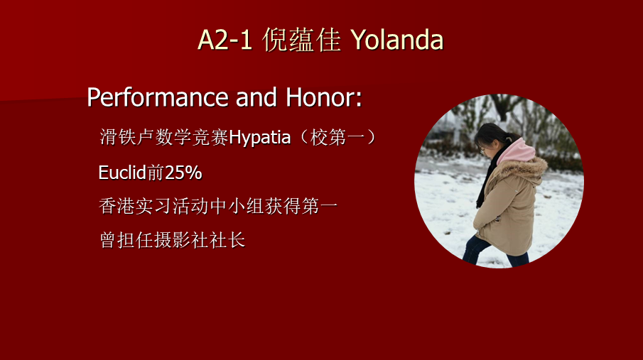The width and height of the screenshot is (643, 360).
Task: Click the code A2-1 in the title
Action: click(x=225, y=40)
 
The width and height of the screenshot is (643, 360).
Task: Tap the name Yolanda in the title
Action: click(x=397, y=40)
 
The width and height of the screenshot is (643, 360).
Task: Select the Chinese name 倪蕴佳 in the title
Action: click(x=302, y=40)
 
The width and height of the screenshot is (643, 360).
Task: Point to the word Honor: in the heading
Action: click(x=323, y=97)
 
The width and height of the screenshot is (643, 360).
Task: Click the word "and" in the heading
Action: click(x=256, y=97)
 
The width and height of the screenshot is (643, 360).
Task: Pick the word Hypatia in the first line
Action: click(x=259, y=138)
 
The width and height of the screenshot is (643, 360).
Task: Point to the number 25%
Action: click(x=183, y=173)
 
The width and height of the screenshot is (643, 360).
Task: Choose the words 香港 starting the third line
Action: click(x=117, y=206)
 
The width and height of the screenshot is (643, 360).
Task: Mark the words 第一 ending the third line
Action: click(x=320, y=206)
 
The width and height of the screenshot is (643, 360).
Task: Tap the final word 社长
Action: click(x=227, y=240)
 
